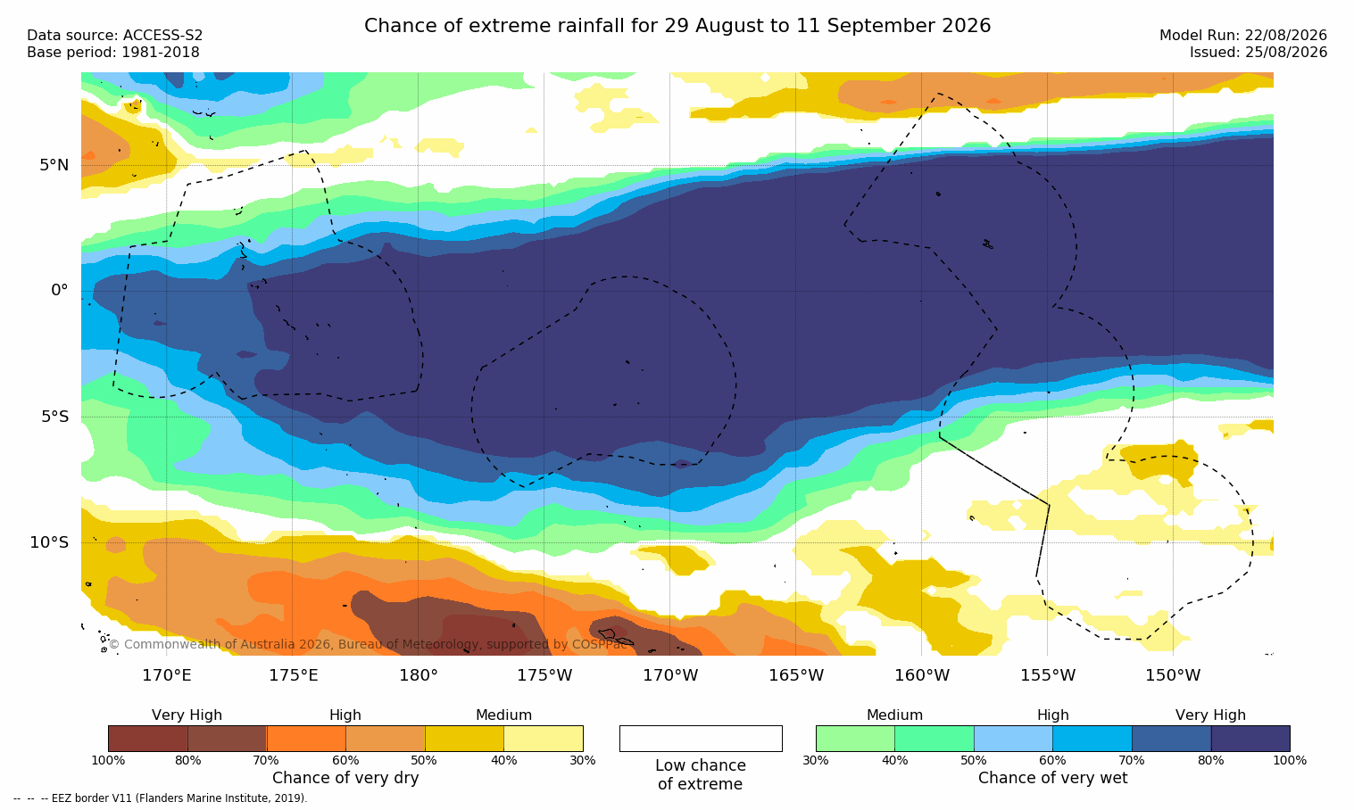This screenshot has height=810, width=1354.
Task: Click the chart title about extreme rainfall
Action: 677,26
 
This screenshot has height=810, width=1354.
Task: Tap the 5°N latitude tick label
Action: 54,165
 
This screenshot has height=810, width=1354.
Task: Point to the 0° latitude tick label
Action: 60,291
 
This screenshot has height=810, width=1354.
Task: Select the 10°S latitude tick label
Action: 50,542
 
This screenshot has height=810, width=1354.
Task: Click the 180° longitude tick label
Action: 419,674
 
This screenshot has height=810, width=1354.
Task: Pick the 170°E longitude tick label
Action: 167,674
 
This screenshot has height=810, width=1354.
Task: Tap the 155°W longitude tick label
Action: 1048,674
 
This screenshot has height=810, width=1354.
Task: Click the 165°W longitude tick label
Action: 796,674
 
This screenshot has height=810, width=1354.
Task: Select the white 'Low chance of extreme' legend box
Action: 701,739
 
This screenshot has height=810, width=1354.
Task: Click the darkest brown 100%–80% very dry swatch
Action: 148,739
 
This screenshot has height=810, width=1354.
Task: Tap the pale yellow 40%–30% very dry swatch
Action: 544,739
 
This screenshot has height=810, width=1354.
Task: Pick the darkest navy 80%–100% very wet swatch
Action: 1250,739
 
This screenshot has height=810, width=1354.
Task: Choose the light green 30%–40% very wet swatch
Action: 855,739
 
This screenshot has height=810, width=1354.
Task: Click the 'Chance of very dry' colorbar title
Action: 345,778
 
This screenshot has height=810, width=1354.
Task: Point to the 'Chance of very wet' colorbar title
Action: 1053,778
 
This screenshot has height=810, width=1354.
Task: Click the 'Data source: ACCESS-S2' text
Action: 115,36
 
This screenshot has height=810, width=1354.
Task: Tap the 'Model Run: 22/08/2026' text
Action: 1242,36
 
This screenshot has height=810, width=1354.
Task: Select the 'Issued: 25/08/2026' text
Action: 1258,53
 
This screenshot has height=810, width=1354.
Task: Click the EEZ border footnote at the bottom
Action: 160,798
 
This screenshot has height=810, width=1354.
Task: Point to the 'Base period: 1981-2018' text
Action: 113,53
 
